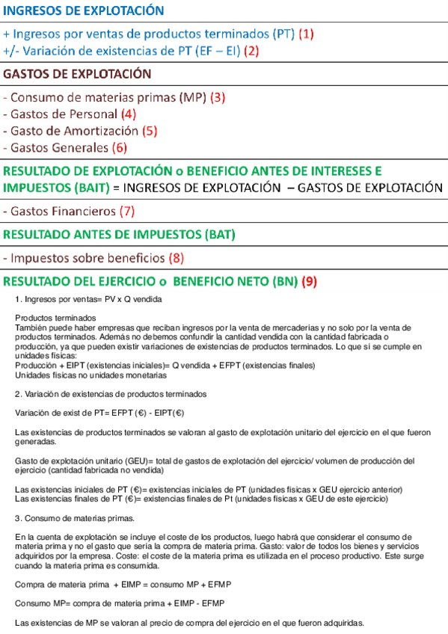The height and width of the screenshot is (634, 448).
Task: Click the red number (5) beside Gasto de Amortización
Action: pos(150,131)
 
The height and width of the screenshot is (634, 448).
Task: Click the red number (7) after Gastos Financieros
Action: pos(126,211)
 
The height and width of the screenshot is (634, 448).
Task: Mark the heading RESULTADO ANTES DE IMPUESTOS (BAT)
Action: pos(120,235)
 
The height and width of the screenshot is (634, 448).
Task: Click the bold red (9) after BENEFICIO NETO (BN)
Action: pos(310,283)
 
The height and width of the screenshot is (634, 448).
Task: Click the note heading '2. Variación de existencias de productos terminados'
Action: pos(111,393)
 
